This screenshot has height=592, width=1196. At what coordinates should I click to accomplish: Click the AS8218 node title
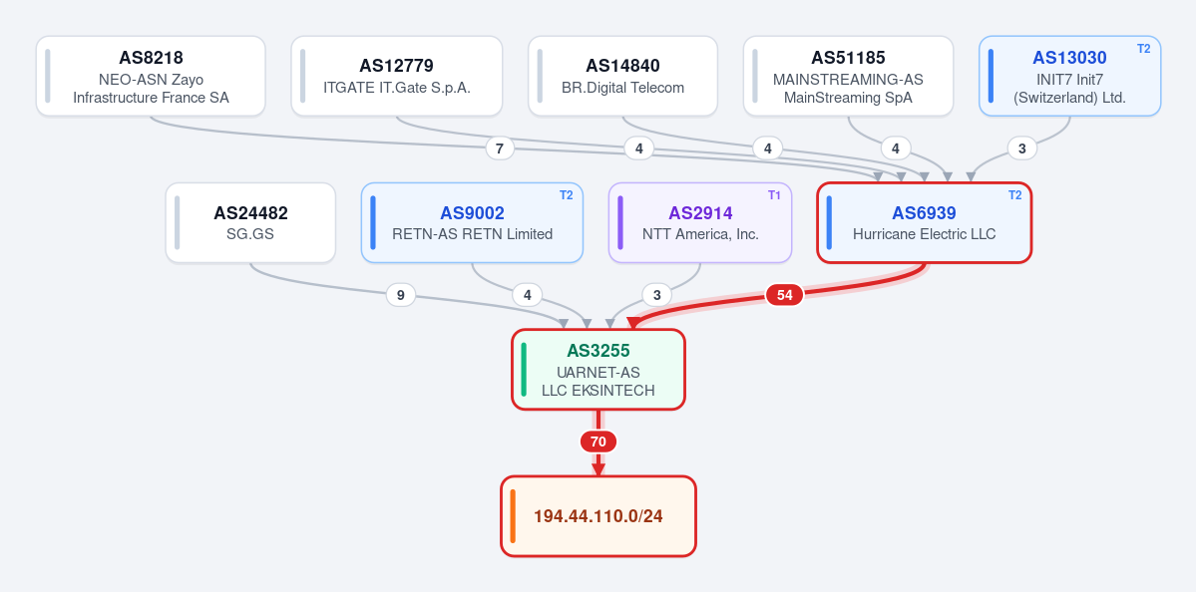click(x=151, y=58)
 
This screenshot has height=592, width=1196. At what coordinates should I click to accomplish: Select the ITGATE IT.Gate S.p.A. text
click(x=397, y=88)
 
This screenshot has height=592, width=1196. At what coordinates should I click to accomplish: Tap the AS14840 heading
click(x=622, y=66)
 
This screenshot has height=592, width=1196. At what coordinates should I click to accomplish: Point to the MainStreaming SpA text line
click(x=848, y=98)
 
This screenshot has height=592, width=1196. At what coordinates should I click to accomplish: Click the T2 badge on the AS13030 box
click(x=1143, y=49)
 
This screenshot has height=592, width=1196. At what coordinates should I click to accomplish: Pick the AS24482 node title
click(x=250, y=213)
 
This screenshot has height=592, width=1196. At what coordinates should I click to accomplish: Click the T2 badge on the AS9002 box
click(x=566, y=195)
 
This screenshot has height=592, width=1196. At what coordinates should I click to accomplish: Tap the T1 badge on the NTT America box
click(x=774, y=195)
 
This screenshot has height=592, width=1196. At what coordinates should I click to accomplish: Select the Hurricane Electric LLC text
click(x=925, y=234)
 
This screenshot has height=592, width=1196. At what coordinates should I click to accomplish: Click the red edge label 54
click(x=784, y=295)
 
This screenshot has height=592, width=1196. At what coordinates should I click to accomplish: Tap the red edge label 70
click(x=598, y=442)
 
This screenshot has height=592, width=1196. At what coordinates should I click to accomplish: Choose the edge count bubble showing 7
click(x=500, y=148)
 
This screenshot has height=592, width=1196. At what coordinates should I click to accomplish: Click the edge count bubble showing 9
click(x=400, y=294)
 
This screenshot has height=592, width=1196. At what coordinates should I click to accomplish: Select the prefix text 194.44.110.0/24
click(x=598, y=516)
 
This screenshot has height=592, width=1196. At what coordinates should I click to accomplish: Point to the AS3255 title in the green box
click(x=598, y=351)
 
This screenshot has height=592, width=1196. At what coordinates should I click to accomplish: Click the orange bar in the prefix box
click(x=513, y=516)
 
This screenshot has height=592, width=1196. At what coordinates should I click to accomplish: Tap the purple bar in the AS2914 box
click(x=620, y=222)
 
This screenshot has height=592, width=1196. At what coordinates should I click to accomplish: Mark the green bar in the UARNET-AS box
click(x=524, y=370)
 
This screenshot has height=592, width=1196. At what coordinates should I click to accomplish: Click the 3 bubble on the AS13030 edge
click(x=1022, y=148)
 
